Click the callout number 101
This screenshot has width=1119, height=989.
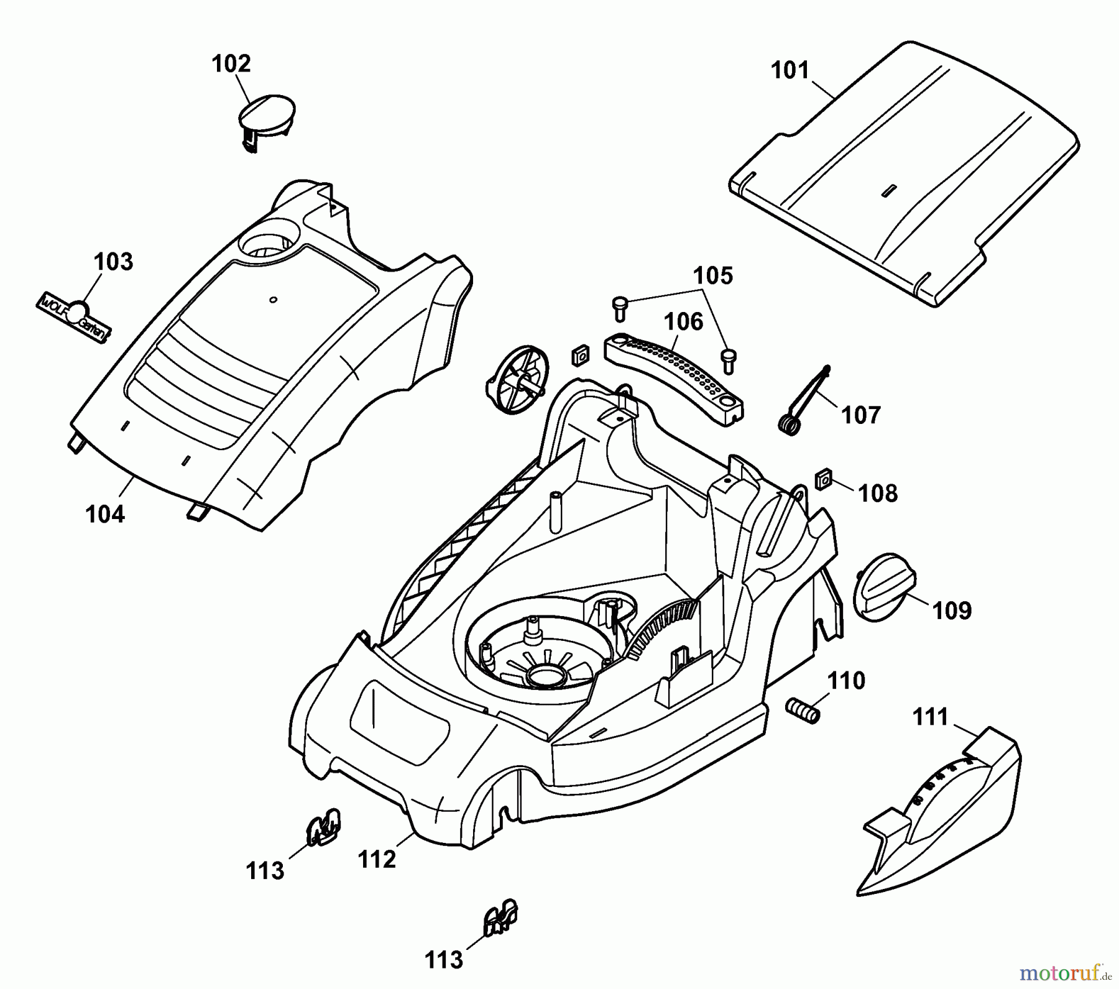point(790,70)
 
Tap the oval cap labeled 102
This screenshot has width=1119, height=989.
point(267,115)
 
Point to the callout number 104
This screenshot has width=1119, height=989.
point(105,514)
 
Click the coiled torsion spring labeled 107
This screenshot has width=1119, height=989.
point(788,425)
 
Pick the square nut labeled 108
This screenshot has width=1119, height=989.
point(824,480)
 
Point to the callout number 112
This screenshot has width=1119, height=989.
point(377,859)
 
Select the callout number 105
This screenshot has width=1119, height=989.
point(713,275)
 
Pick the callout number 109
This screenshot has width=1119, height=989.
point(952,610)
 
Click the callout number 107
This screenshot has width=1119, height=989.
point(861,415)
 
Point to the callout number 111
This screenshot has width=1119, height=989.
point(930,717)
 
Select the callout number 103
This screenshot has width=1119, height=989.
point(114,262)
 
